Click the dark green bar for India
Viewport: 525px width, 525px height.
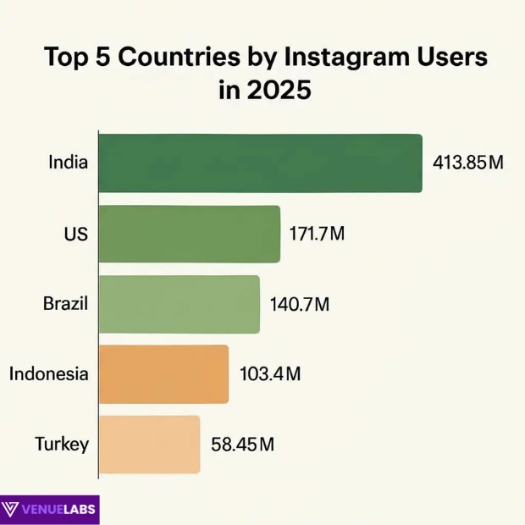coord(260,163)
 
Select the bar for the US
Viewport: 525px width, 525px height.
coord(189,234)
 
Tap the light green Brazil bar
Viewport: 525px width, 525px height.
coord(179,304)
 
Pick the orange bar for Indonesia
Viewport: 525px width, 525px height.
coord(163,373)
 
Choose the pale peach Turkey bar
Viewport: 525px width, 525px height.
coord(149,444)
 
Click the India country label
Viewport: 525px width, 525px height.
coord(69,162)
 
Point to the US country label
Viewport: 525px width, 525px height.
coord(75,233)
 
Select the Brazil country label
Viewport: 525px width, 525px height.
coord(65,303)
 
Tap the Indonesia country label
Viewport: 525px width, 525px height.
coord(49,373)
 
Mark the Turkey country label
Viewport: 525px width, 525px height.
coord(62,444)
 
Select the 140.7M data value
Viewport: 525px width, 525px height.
coord(299,303)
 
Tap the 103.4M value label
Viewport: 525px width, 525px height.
coord(268,373)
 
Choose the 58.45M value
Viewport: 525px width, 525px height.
coord(242,444)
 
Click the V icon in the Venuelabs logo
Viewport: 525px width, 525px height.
coord(13,510)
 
